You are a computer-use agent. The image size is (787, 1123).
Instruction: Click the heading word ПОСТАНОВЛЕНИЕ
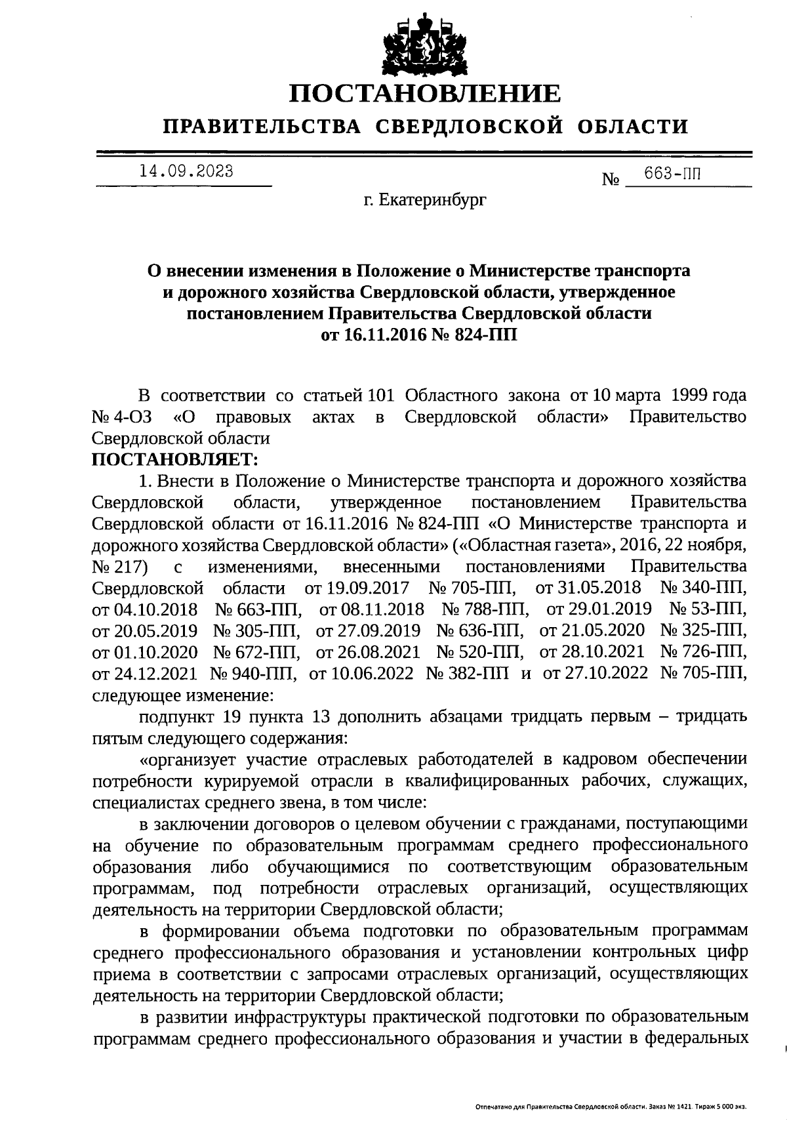click(x=426, y=93)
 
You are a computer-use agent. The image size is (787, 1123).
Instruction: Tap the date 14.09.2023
click(x=186, y=172)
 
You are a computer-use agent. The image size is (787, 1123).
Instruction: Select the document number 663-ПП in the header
click(x=672, y=174)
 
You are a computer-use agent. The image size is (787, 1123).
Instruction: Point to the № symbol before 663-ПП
click(x=611, y=179)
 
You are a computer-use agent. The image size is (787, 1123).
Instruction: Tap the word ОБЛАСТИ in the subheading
click(x=634, y=126)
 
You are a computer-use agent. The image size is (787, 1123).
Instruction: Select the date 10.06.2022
click(x=361, y=672)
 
